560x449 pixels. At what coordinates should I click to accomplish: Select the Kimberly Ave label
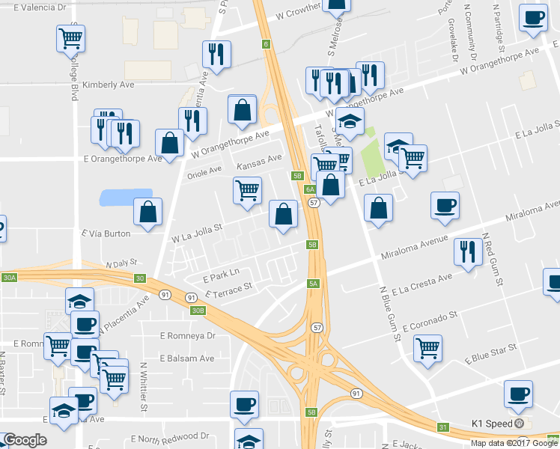[108, 85]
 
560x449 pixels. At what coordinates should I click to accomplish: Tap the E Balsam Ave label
[186, 358]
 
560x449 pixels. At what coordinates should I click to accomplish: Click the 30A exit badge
[8, 278]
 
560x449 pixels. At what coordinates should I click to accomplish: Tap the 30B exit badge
[197, 310]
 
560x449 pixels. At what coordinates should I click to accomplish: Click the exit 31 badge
[442, 427]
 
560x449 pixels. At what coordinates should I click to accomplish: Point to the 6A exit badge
[309, 189]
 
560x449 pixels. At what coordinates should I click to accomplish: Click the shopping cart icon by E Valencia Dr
[70, 37]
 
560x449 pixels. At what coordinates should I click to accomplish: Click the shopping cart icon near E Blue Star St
[427, 347]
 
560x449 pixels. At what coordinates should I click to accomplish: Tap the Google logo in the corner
[25, 440]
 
